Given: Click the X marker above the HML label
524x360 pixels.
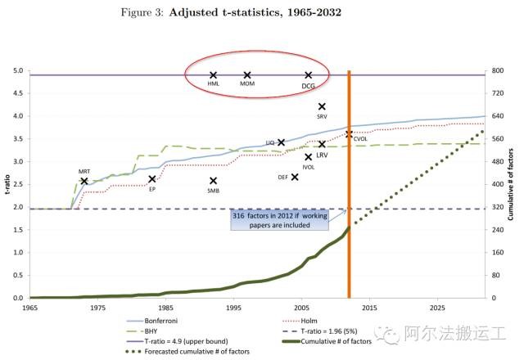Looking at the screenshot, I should tap(213, 75).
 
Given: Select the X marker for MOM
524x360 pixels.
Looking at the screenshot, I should tap(247, 75).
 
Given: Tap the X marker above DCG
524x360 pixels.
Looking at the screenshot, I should tap(309, 75).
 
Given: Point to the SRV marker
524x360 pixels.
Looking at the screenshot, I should tap(322, 106).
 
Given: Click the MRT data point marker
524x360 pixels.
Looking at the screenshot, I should tap(84, 181).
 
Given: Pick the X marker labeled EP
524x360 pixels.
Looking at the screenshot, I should tap(152, 179).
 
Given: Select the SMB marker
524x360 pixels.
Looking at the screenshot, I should tap(213, 181).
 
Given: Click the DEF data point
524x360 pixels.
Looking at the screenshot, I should tap(295, 176).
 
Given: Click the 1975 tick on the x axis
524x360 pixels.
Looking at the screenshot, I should tap(97, 308).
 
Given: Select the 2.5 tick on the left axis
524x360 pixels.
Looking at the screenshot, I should tap(17, 184).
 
